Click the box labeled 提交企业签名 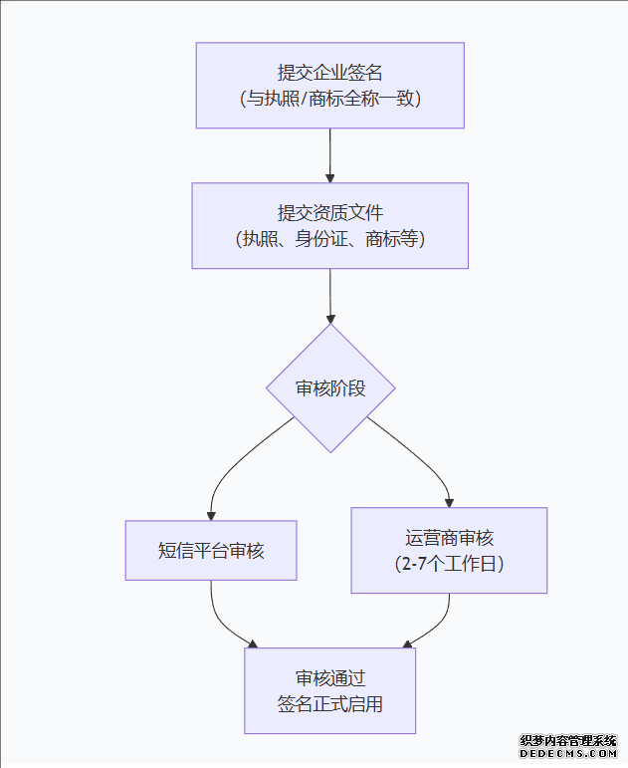[x=329, y=85]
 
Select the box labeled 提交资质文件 [x=329, y=225]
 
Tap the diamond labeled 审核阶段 [x=330, y=387]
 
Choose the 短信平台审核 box [x=211, y=550]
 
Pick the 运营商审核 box [x=449, y=550]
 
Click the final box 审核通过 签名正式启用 [x=329, y=690]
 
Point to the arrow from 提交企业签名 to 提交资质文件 [x=329, y=154]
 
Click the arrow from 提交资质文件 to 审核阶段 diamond [x=329, y=295]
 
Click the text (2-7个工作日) [x=449, y=564]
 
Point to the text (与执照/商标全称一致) [x=329, y=99]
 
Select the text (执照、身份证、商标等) [x=329, y=239]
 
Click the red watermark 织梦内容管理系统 [x=569, y=742]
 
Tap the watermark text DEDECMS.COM [x=569, y=755]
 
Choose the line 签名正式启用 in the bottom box [x=329, y=704]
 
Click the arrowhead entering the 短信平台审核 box [x=211, y=513]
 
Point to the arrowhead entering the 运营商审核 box [x=449, y=501]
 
